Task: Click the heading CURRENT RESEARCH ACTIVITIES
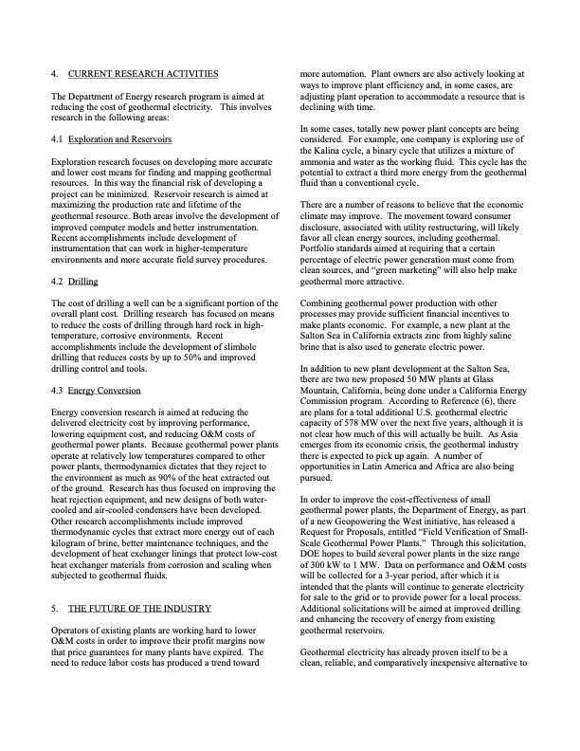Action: (143, 73)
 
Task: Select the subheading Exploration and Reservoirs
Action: (118, 138)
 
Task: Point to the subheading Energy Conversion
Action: (105, 390)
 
